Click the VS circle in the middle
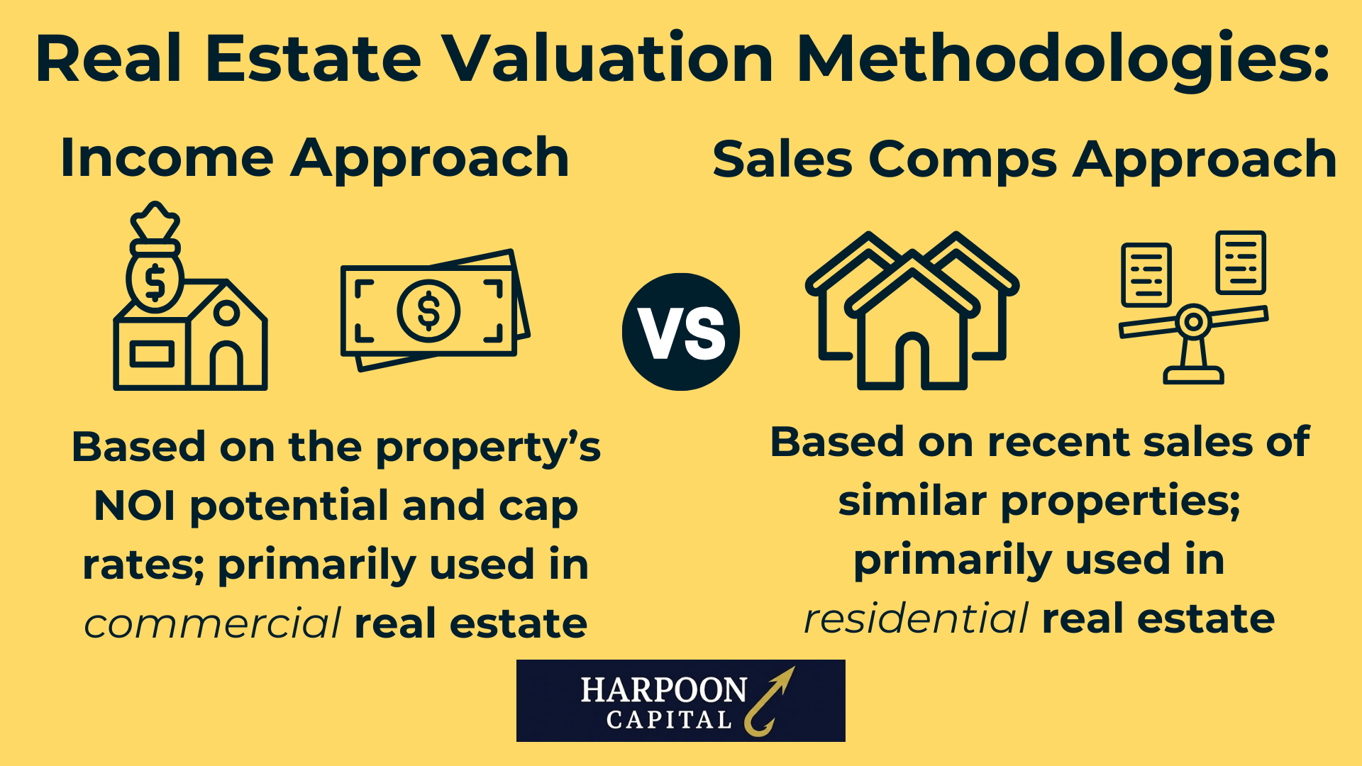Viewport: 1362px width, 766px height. point(681,332)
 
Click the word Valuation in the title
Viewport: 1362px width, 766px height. point(607,58)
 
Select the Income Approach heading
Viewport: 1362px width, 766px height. point(314,158)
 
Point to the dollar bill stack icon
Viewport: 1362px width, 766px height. point(434,310)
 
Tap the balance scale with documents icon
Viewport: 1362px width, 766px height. point(1194,306)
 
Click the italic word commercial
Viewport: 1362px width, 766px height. point(212,623)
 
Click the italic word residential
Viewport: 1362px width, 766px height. point(916,618)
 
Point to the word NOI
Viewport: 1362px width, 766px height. point(134,506)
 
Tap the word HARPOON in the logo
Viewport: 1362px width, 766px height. point(663,690)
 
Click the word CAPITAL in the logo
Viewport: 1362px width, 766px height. point(669,721)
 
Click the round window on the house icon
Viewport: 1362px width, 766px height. point(226,312)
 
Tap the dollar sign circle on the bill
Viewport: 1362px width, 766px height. point(428,311)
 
